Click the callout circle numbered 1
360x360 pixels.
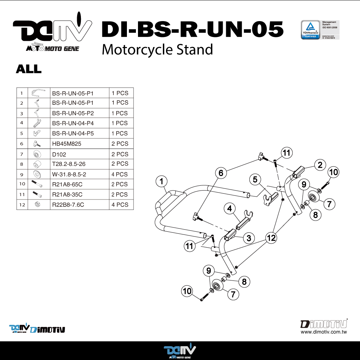[x=161, y=181]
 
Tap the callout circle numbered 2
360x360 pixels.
[x=320, y=165]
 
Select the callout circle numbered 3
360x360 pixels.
[x=249, y=238]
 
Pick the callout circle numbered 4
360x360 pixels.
[x=230, y=209]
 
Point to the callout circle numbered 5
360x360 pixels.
[x=255, y=179]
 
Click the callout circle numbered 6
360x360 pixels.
[x=221, y=173]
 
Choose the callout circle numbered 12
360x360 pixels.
[x=271, y=238]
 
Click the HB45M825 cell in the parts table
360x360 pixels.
[x=67, y=144]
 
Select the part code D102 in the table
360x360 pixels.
[x=59, y=154]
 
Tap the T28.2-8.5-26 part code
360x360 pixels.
[x=69, y=164]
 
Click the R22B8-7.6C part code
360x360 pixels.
[x=68, y=205]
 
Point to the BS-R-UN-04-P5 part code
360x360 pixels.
[x=73, y=133]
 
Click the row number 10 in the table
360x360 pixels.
[x=22, y=184]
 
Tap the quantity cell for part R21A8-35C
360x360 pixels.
[x=120, y=195]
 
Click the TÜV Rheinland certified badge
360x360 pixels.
[x=311, y=30]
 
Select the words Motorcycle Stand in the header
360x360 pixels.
[x=157, y=50]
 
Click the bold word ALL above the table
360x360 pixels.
[x=29, y=69]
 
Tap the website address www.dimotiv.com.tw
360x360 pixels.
[x=324, y=332]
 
